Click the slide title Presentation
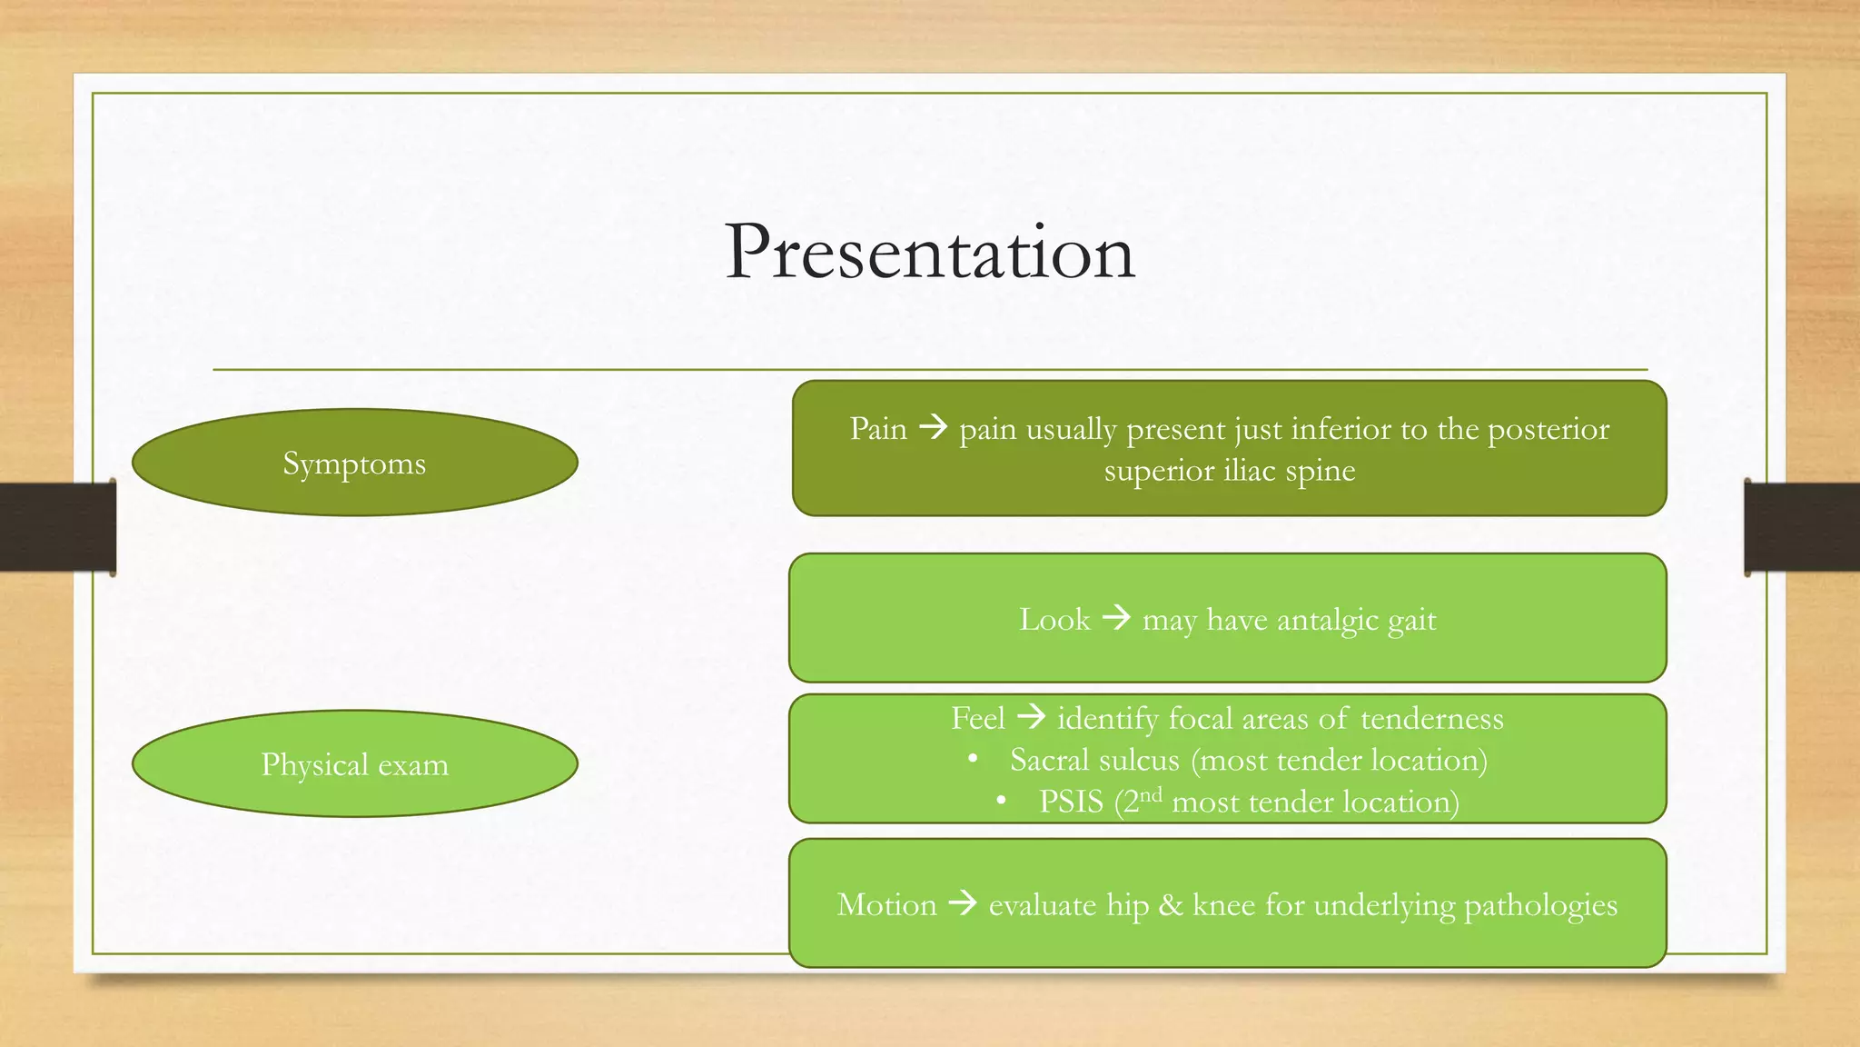(x=930, y=252)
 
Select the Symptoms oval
(x=354, y=463)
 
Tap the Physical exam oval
(x=354, y=763)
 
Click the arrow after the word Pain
(x=933, y=426)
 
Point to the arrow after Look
(x=1116, y=618)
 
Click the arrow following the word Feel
(x=1031, y=717)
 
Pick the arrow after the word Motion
(x=963, y=903)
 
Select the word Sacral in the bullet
(x=1049, y=760)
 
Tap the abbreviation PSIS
(x=1071, y=802)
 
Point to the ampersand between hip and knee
(x=1171, y=904)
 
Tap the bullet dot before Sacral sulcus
(x=973, y=759)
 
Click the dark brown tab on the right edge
(x=1802, y=527)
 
